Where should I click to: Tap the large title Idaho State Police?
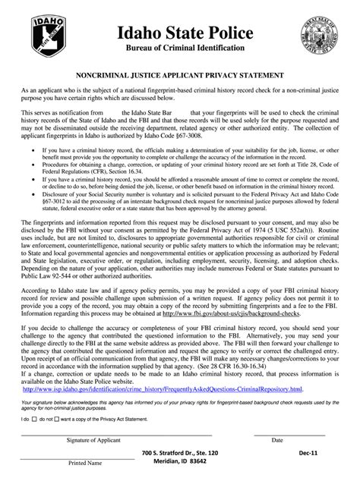click(179, 31)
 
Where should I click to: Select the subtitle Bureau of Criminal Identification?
click(179, 49)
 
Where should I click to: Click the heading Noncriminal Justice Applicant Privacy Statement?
click(179, 77)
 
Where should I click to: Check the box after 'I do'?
click(35, 419)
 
